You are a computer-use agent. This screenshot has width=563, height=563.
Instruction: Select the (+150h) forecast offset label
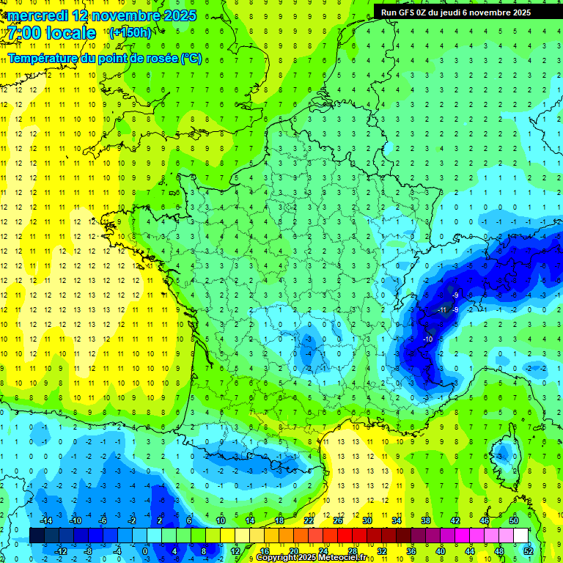[x=130, y=32]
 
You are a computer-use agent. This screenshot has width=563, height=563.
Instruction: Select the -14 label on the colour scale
[x=45, y=520]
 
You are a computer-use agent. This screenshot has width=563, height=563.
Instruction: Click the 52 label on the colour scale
[x=529, y=551]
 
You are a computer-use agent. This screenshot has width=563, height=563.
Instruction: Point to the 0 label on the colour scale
[x=146, y=551]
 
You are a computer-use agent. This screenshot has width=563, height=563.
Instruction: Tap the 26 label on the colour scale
[x=338, y=520]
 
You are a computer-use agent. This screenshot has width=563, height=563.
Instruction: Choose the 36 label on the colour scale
[x=411, y=551]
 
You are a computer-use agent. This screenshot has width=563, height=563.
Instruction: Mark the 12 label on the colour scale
[x=235, y=551]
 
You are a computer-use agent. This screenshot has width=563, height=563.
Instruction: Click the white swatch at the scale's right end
[x=520, y=536]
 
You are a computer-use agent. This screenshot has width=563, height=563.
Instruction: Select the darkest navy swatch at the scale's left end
[x=37, y=536]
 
